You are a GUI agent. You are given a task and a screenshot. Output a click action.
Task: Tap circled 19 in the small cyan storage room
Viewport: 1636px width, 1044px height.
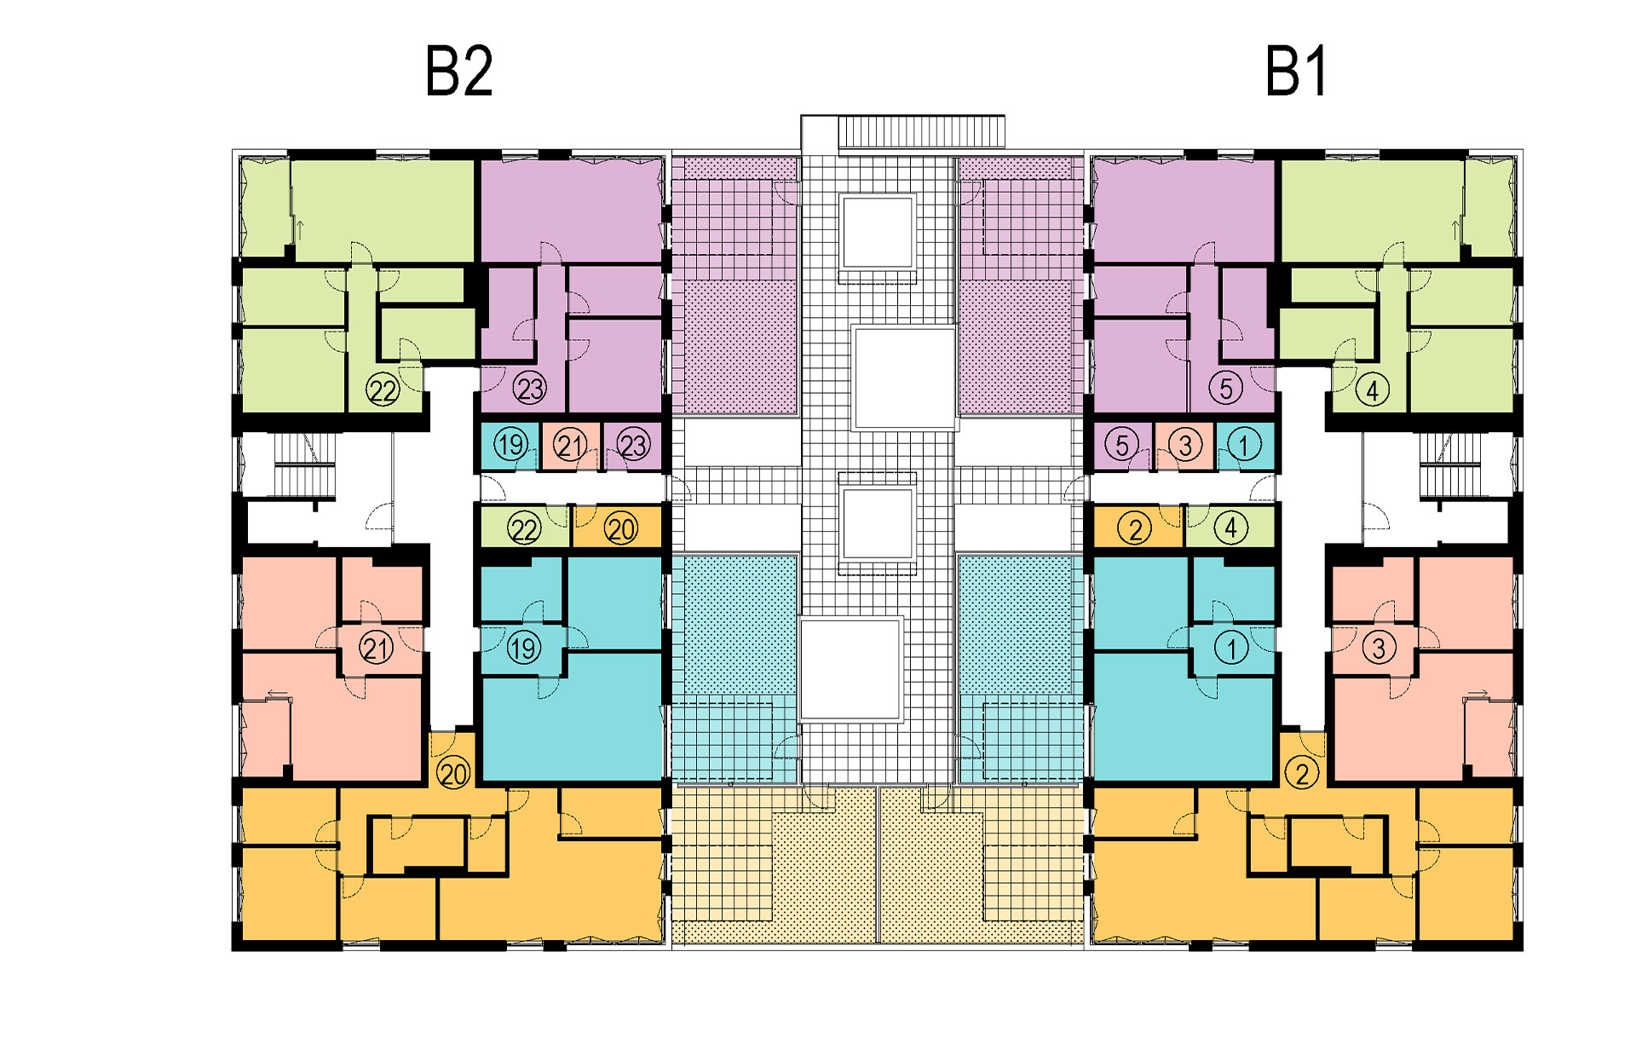click(x=511, y=445)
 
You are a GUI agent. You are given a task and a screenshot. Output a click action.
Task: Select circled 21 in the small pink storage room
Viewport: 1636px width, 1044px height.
click(x=570, y=445)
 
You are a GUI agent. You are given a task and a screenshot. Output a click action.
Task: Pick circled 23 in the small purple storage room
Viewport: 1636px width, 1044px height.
click(x=633, y=445)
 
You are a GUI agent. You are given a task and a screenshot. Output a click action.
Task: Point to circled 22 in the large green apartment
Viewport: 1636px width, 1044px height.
click(x=383, y=390)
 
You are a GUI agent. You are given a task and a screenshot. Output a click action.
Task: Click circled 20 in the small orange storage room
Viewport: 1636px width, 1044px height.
click(x=621, y=529)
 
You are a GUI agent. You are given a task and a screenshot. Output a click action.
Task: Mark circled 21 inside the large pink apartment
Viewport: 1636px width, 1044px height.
click(x=376, y=649)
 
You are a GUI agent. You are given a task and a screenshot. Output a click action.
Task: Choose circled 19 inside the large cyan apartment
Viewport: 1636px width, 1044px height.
click(x=523, y=649)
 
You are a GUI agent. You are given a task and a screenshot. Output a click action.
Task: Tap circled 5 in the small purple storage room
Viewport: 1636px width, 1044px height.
click(x=1121, y=445)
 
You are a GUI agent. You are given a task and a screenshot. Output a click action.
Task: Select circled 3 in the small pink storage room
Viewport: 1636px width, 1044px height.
click(x=1184, y=445)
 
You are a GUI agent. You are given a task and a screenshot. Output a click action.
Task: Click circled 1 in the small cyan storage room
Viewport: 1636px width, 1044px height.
click(x=1244, y=445)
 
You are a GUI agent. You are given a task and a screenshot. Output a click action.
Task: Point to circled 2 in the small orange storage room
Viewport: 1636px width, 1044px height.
click(x=1135, y=529)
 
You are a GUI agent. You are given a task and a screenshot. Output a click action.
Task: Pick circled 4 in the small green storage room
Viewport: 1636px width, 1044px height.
click(x=1230, y=529)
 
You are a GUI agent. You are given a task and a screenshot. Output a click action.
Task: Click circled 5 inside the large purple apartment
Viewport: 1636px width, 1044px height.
click(x=1225, y=389)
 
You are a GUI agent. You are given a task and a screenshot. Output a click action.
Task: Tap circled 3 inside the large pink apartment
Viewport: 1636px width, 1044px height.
click(x=1379, y=649)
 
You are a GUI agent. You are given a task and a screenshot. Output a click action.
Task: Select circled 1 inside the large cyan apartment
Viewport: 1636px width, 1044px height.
click(x=1231, y=649)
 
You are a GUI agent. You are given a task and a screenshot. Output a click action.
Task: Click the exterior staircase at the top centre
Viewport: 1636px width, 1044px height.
click(x=921, y=132)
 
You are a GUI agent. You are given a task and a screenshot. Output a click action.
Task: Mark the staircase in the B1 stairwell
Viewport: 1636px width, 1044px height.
click(x=1453, y=467)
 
